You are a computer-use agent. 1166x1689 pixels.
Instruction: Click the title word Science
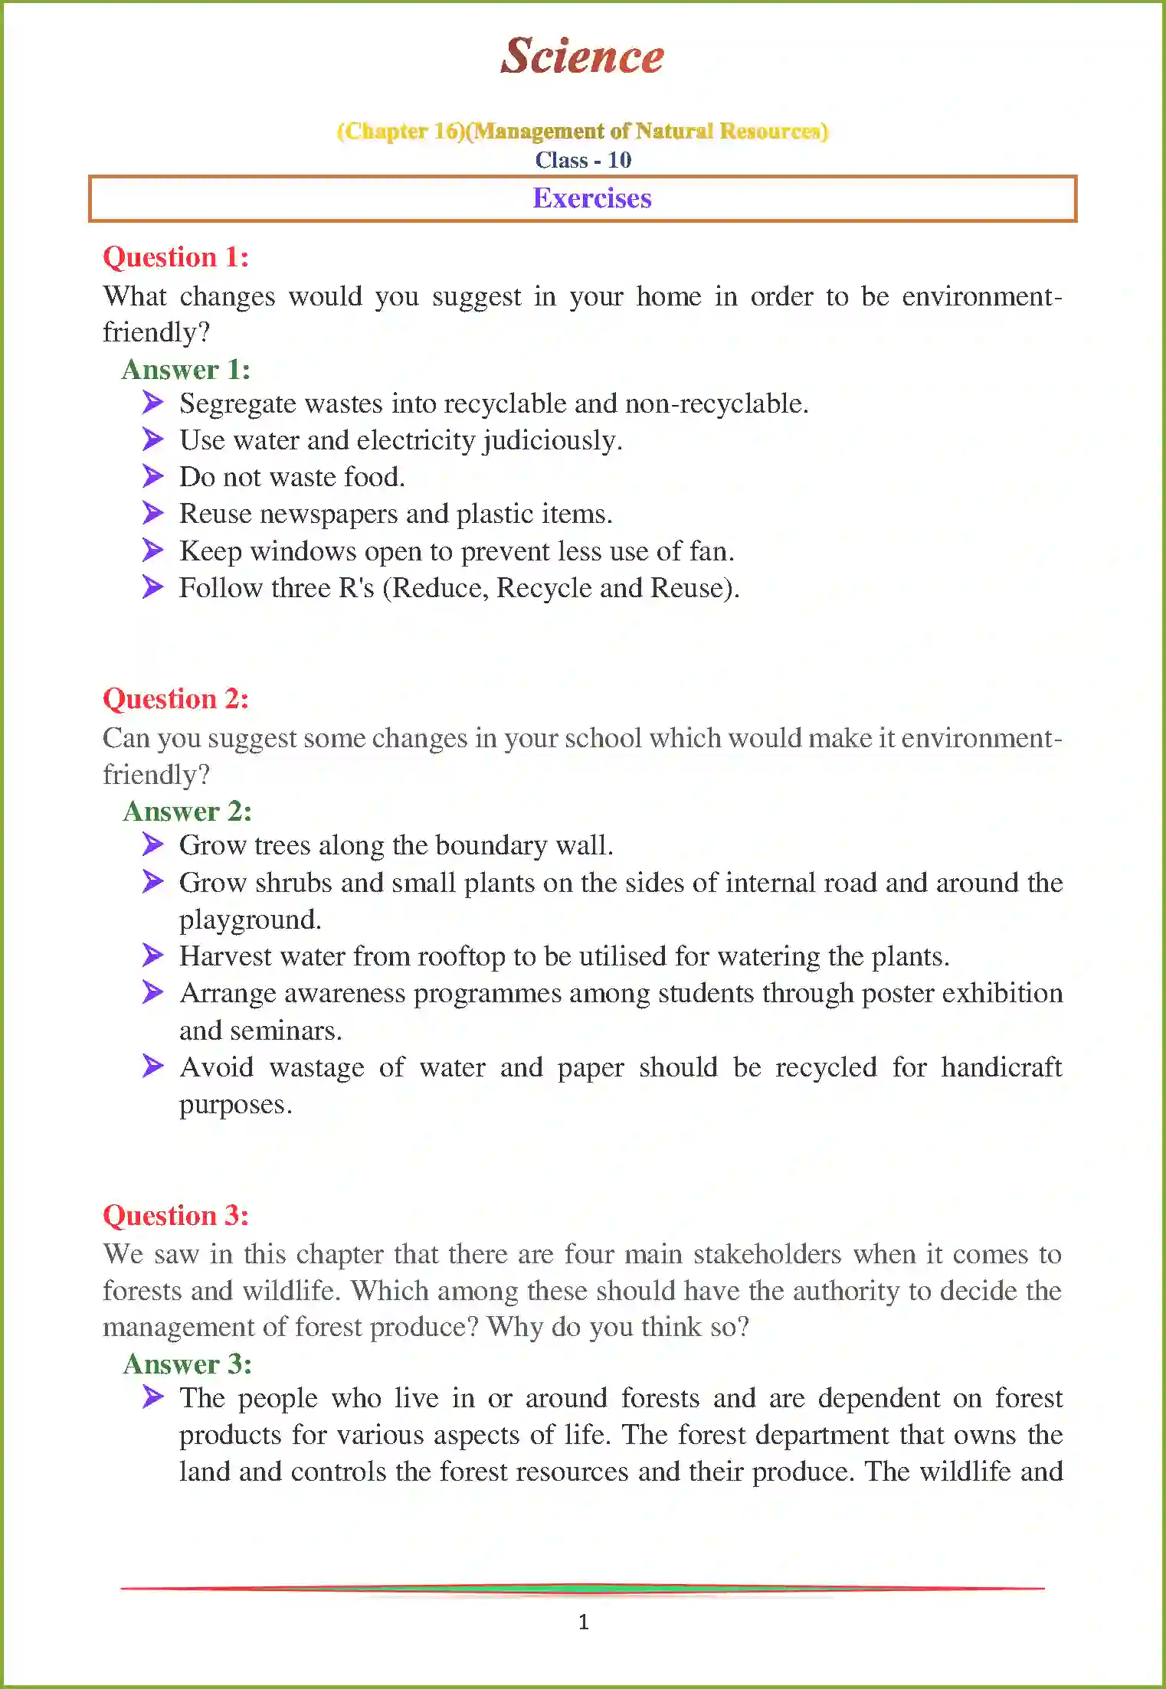pos(582,56)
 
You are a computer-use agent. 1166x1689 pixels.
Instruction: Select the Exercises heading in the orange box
pos(591,198)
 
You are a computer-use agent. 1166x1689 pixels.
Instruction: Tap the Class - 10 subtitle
pos(583,160)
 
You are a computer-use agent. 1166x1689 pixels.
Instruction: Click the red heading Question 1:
pos(175,257)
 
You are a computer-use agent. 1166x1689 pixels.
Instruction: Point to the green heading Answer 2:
pos(187,811)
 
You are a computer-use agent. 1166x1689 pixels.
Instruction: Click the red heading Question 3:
pos(175,1215)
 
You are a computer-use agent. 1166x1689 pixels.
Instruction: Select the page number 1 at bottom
pos(584,1622)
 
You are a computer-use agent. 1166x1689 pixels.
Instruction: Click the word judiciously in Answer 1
pos(551,441)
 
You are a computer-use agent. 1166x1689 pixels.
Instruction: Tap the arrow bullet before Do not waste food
pos(153,476)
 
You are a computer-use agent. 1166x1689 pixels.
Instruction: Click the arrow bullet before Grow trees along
pos(153,844)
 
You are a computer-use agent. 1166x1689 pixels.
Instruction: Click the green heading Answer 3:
pos(187,1364)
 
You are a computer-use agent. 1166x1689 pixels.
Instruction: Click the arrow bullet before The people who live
pos(153,1397)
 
